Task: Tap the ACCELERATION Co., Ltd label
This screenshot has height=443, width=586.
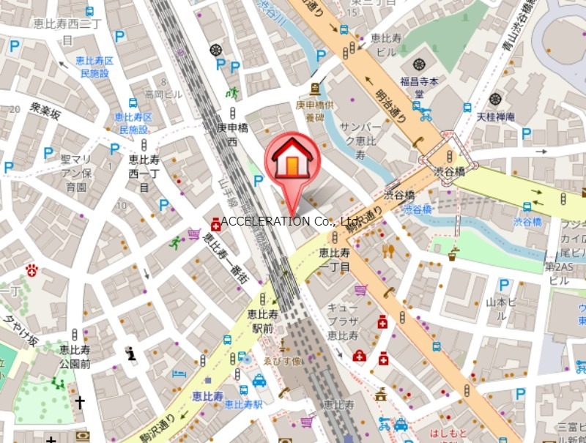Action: coord(289,220)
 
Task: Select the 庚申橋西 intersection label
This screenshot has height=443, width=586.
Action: coord(229,133)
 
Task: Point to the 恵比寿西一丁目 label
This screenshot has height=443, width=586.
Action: coord(144,171)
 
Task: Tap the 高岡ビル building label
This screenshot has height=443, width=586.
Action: coord(163,94)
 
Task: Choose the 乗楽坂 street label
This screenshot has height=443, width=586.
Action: coord(45,111)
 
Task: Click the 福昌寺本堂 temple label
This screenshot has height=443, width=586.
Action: coord(418,88)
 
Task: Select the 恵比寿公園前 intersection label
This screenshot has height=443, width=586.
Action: coord(75,357)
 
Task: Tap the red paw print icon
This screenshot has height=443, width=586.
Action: coord(31,270)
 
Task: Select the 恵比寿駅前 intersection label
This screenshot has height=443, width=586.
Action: coord(264,321)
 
